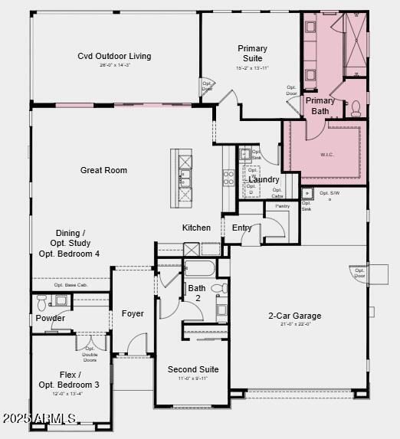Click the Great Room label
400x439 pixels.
[103, 170]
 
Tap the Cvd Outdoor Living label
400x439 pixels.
[114, 56]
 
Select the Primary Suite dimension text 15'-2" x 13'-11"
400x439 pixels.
[252, 68]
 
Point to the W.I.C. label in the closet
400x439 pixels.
[328, 154]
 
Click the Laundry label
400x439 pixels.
[264, 179]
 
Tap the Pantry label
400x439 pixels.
[282, 205]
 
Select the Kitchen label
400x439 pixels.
[196, 228]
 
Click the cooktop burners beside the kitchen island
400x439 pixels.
[228, 178]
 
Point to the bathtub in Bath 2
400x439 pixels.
[200, 269]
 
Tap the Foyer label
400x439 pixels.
[133, 313]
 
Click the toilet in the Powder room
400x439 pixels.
[41, 300]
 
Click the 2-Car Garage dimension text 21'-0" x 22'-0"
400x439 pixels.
[294, 325]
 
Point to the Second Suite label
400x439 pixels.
[193, 369]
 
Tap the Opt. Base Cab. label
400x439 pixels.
[70, 285]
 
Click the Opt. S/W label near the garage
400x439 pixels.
[330, 194]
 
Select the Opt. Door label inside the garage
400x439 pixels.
[359, 273]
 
